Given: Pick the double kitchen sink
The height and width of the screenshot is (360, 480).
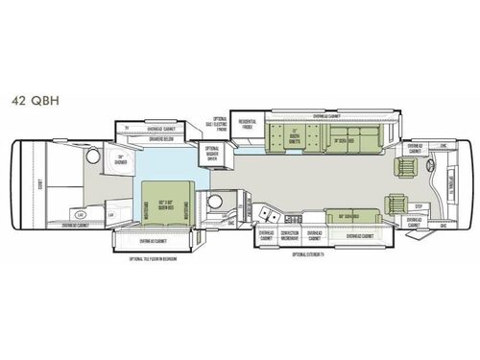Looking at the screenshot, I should coord(264,208).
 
